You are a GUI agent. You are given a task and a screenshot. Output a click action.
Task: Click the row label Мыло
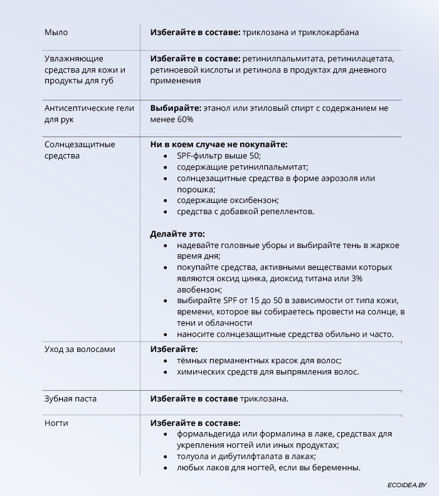coord(56,33)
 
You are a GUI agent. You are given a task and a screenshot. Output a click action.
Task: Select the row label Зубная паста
coord(70,399)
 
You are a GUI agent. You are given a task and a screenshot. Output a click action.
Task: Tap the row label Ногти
coord(56,423)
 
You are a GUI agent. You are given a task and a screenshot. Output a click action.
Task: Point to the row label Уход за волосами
coord(80,349)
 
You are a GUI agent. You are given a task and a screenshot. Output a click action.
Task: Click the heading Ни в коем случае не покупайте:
coord(218,145)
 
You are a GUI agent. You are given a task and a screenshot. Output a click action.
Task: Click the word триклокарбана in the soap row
coord(329,33)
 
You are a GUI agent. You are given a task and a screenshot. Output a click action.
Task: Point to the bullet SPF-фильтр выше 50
coord(218,156)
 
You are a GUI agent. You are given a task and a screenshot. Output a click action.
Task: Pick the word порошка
coord(195,189)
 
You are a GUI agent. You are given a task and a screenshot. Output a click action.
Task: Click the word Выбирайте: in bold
coord(175,108)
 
